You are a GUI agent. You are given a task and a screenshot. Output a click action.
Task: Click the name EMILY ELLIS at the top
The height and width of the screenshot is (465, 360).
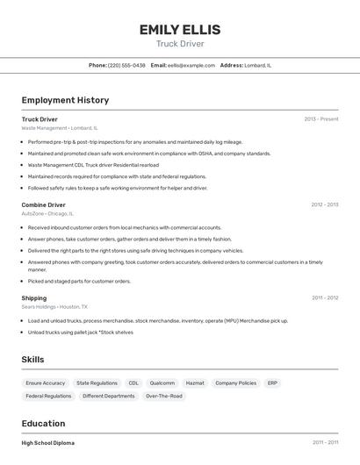point(180,30)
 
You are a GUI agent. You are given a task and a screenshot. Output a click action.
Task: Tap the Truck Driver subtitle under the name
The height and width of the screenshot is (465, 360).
point(180,44)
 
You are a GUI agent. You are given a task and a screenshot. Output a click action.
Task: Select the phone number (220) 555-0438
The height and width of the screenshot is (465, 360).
point(126,65)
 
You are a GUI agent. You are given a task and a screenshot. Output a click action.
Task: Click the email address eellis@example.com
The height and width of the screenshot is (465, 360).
point(191,65)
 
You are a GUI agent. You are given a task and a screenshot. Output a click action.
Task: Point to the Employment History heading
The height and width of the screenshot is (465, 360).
point(65,100)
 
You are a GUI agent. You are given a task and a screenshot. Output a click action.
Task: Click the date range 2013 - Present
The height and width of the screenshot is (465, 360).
point(320,119)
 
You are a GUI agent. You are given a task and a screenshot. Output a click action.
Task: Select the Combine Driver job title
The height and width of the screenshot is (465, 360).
point(44,205)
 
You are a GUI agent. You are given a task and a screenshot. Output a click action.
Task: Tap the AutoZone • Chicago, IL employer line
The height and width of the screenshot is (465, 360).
point(47,213)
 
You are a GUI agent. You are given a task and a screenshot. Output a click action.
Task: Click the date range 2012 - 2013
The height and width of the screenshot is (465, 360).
point(324,205)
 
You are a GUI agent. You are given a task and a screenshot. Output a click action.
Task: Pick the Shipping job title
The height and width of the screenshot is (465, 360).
point(34,298)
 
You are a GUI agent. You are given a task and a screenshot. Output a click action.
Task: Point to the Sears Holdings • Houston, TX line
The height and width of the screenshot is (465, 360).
point(54,307)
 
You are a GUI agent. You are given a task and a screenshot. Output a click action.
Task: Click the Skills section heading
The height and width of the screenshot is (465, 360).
point(32,360)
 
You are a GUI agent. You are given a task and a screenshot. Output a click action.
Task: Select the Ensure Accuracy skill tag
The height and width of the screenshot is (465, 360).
point(46,383)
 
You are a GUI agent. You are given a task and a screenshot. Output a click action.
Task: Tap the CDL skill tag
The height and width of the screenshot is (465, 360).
point(133,383)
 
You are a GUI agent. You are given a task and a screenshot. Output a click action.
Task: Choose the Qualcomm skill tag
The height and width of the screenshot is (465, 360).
point(162,383)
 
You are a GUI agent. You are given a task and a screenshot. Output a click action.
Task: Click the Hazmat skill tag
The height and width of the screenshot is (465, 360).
point(195,383)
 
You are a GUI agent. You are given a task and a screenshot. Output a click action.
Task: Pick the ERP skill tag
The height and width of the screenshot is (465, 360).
point(273,383)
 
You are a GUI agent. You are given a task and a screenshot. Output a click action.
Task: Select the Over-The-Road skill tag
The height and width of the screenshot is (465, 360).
point(164,397)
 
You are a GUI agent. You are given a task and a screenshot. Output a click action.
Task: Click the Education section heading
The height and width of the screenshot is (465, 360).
point(44,423)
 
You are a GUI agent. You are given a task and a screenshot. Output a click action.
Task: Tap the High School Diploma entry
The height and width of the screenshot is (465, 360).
point(48,443)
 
